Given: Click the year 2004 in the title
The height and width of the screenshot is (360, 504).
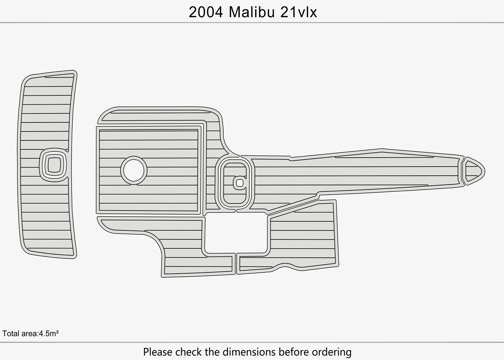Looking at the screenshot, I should click(206, 12).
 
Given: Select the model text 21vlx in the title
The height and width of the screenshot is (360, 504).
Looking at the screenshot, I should click(298, 12).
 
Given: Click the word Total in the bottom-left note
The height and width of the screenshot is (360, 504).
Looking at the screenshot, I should click(10, 333).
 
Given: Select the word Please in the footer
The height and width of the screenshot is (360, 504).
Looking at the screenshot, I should click(157, 352).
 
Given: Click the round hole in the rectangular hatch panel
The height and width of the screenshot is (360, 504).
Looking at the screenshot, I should click(134, 170).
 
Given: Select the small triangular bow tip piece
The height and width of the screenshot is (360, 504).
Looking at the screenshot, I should click(472, 171).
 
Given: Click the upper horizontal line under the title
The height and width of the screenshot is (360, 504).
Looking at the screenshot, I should click(252, 23).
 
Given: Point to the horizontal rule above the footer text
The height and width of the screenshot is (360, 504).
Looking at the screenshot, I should click(252, 342).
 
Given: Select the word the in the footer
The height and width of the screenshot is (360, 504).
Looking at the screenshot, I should click(212, 352).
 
